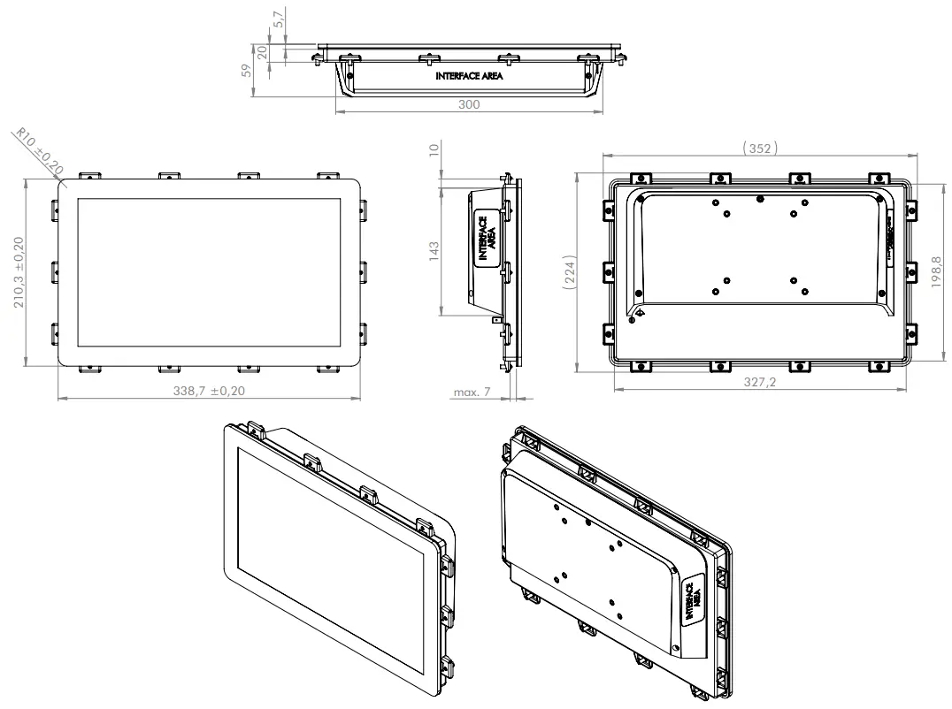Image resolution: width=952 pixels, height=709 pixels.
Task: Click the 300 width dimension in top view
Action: point(469,104)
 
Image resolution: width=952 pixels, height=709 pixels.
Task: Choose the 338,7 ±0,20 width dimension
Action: point(208,390)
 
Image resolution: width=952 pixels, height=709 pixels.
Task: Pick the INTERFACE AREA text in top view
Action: point(469,77)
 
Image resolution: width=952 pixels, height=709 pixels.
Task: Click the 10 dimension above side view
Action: point(433,153)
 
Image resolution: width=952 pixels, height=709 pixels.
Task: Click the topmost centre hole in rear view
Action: point(759,198)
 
